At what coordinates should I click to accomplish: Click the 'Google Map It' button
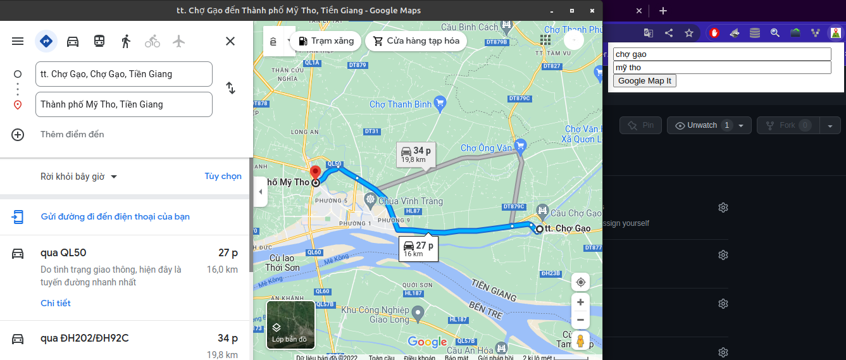[644, 80]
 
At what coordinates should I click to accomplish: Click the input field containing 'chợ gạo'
[721, 54]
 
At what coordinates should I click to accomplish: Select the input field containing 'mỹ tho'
[721, 67]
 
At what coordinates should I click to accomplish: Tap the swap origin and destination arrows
[230, 89]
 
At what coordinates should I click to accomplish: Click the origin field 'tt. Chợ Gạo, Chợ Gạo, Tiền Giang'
[124, 74]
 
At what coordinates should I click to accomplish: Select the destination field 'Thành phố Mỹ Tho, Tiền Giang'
[124, 104]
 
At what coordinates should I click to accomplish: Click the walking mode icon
[126, 41]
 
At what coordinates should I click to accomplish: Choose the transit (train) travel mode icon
[99, 41]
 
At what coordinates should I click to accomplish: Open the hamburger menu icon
[18, 41]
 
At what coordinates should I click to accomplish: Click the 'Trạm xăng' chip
[326, 41]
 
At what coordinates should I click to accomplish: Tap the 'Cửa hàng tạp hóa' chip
[416, 41]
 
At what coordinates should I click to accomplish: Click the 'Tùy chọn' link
[223, 176]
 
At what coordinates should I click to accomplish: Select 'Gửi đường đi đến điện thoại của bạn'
[115, 216]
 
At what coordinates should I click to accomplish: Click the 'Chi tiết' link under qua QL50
[56, 303]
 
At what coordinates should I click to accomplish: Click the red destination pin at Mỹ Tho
[314, 173]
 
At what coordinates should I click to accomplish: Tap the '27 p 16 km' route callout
[418, 248]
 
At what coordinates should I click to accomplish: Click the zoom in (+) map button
[580, 302]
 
